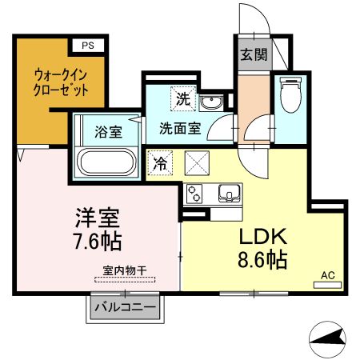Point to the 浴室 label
(x=110, y=132)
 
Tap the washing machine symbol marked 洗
(x=184, y=102)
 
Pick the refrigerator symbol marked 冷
(x=160, y=162)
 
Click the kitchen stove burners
(x=195, y=194)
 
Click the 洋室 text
(x=98, y=218)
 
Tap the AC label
(x=326, y=276)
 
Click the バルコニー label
(x=125, y=306)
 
